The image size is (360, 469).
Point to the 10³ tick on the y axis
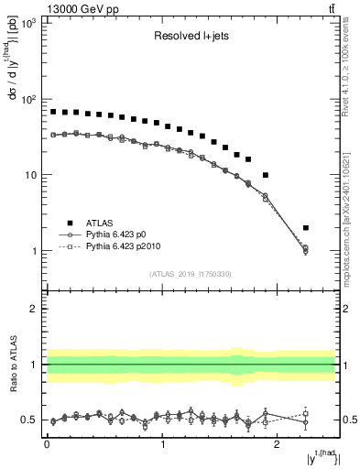pyautogui.click(x=27, y=23)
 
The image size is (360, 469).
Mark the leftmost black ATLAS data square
pyautogui.click(x=53, y=112)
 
